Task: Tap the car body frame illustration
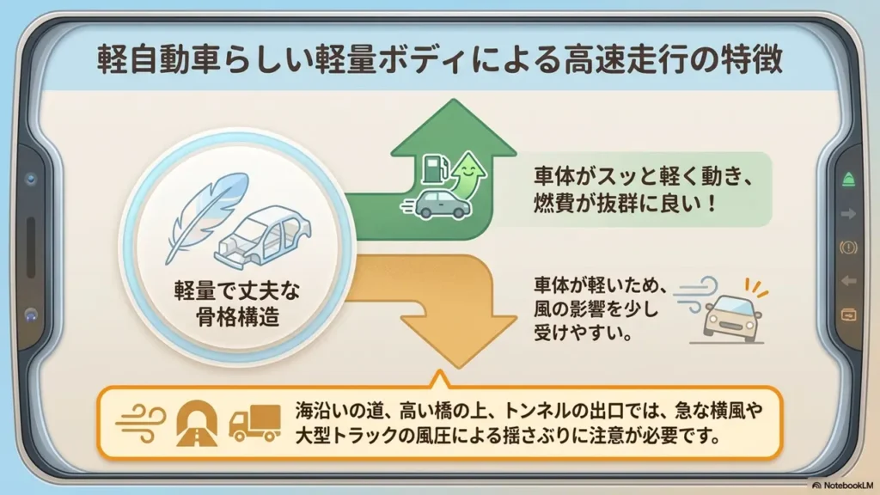(x=263, y=235)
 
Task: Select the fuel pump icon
(x=434, y=169)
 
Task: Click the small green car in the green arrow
(x=443, y=205)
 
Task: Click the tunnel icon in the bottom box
(x=197, y=423)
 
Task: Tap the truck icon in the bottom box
(x=254, y=423)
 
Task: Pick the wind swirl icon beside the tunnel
(x=141, y=423)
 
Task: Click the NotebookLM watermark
(x=843, y=485)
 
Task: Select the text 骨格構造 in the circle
(x=237, y=317)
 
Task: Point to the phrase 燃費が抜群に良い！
(x=626, y=203)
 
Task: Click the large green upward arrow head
(x=454, y=128)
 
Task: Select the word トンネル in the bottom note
(x=536, y=412)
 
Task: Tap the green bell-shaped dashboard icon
(x=848, y=180)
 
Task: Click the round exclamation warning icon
(x=848, y=247)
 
